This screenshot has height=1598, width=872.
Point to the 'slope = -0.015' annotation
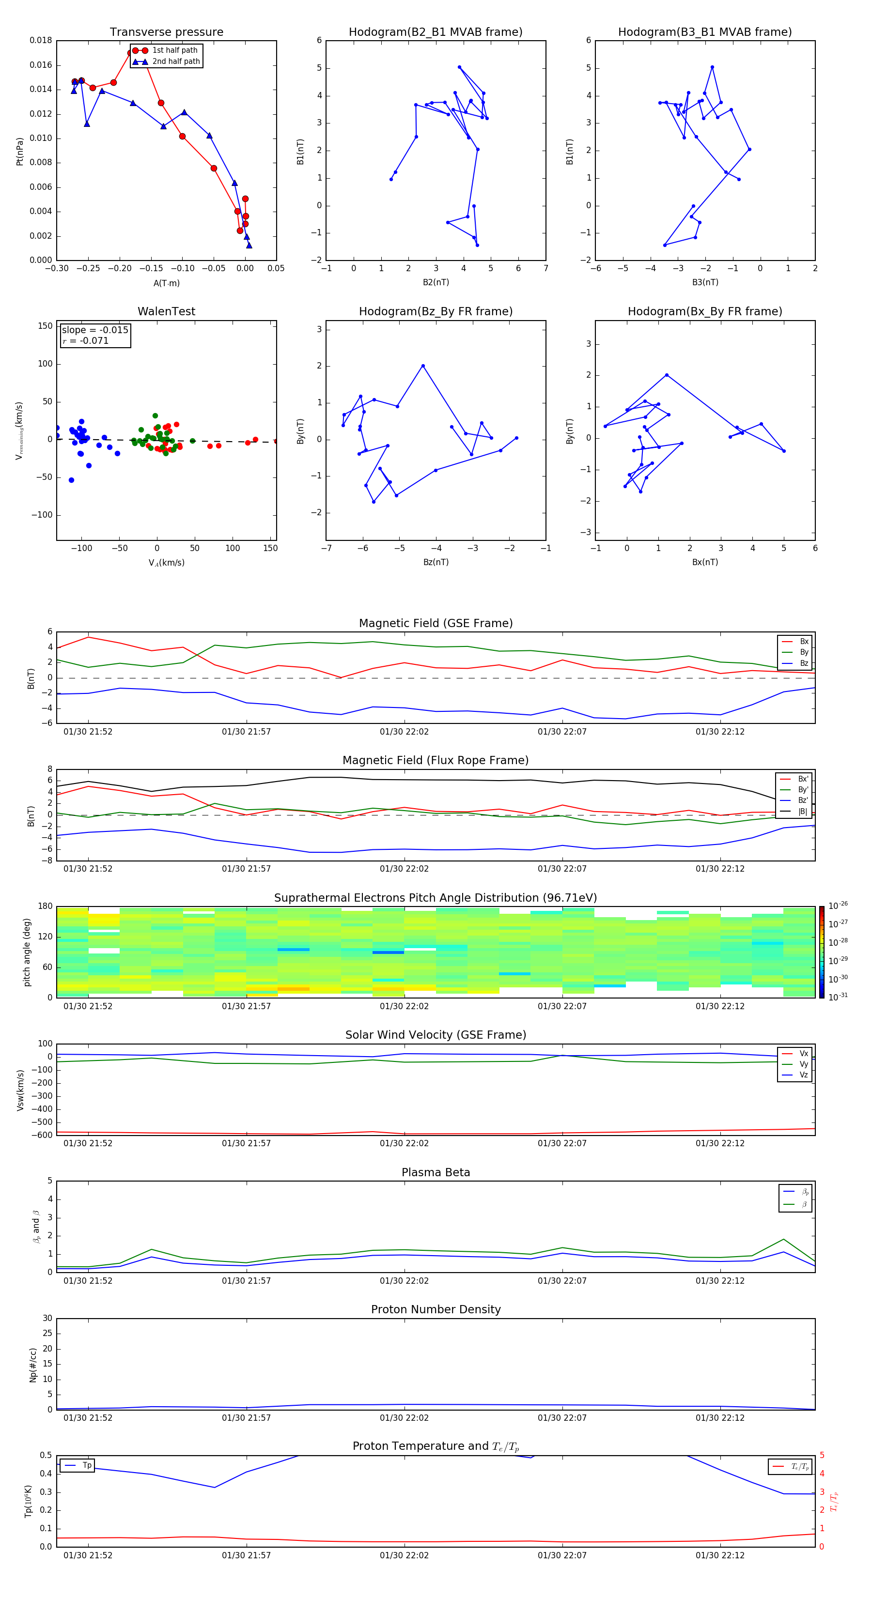(95, 330)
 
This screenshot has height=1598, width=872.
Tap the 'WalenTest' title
(166, 311)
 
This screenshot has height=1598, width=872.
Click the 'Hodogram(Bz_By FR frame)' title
(436, 311)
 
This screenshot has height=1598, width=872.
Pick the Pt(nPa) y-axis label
(19, 152)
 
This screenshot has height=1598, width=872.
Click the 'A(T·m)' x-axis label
(166, 283)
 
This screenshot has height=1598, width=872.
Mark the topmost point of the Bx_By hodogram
(667, 375)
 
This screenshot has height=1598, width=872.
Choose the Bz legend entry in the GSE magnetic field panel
(803, 663)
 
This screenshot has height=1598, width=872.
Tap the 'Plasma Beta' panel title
(436, 1172)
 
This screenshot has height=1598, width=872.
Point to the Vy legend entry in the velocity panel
(803, 1064)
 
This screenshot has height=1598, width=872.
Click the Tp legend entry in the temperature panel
(86, 1465)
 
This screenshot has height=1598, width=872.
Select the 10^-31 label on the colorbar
(838, 996)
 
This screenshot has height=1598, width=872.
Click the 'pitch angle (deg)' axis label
(27, 952)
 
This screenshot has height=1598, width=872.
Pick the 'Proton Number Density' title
(436, 1309)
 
